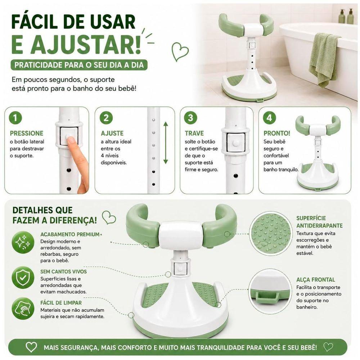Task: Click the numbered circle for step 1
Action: (x=15, y=118)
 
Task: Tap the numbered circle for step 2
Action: (x=106, y=118)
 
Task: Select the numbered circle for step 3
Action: (x=190, y=118)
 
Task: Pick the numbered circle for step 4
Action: (x=270, y=118)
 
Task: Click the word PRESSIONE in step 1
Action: (x=27, y=134)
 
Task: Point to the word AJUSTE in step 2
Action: (x=112, y=134)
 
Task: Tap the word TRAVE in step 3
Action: (x=194, y=134)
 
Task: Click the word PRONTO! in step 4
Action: (x=277, y=133)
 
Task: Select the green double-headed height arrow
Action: (x=166, y=143)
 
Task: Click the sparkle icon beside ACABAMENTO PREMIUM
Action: (x=23, y=242)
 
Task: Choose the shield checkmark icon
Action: (x=23, y=278)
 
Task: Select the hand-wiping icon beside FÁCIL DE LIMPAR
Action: (x=23, y=309)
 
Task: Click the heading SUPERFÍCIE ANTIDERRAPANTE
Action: (x=319, y=222)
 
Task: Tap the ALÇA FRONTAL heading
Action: (x=316, y=280)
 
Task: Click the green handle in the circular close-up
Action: (x=267, y=296)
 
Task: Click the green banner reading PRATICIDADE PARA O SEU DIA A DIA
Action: (x=79, y=65)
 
